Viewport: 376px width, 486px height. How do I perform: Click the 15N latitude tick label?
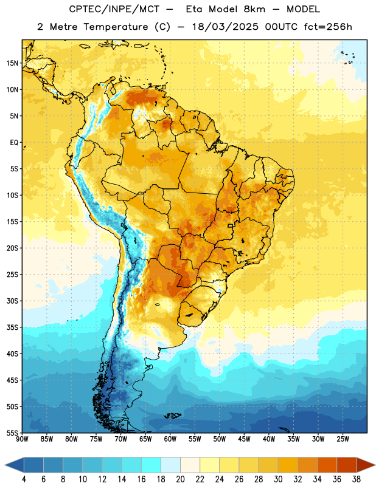pyautogui.click(x=12, y=63)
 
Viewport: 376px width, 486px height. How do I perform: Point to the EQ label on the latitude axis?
pyautogui.click(x=14, y=143)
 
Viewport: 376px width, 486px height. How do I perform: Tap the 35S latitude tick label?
pyautogui.click(x=12, y=327)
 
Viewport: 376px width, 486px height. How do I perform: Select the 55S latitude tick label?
pyautogui.click(x=12, y=433)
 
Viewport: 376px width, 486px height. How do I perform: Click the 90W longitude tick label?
pyautogui.click(x=22, y=439)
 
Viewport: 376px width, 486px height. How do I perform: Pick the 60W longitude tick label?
pyautogui.click(x=170, y=439)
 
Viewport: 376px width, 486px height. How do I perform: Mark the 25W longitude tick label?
pyautogui.click(x=343, y=439)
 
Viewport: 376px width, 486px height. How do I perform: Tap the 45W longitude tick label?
pyautogui.click(x=245, y=439)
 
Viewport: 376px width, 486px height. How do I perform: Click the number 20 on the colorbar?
pyautogui.click(x=180, y=479)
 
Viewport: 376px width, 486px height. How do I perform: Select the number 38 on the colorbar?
pyautogui.click(x=357, y=479)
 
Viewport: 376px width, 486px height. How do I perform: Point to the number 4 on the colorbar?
pyautogui.click(x=24, y=479)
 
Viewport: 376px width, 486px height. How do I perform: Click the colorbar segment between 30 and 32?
pyautogui.click(x=288, y=465)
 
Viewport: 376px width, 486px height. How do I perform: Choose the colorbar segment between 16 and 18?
pyautogui.click(x=151, y=465)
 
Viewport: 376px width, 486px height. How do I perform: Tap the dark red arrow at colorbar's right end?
pyautogui.click(x=365, y=465)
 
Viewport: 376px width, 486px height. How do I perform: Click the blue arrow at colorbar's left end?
pyautogui.click(x=15, y=465)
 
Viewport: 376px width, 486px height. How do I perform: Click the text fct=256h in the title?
pyautogui.click(x=328, y=27)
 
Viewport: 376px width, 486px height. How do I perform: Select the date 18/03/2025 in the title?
pyautogui.click(x=225, y=27)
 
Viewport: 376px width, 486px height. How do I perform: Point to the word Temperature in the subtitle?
pyautogui.click(x=116, y=27)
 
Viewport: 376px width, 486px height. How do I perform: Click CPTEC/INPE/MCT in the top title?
pyautogui.click(x=114, y=9)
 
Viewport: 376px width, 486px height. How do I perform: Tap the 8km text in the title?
pyautogui.click(x=254, y=9)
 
